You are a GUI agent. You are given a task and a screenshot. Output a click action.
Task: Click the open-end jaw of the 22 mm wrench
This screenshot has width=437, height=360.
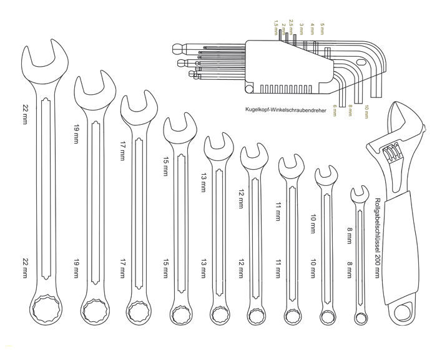tap(44, 59)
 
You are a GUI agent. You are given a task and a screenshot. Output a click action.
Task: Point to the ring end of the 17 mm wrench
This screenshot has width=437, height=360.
tap(138, 310)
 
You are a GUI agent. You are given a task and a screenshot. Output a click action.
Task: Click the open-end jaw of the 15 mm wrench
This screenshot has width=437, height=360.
tap(176, 127)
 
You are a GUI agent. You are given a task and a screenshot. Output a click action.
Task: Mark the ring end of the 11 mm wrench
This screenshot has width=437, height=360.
tap(293, 314)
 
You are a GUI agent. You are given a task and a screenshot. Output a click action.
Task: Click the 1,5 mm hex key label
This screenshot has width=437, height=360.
tap(275, 27)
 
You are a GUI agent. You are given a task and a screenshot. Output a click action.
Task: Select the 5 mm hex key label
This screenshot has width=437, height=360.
tap(322, 29)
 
